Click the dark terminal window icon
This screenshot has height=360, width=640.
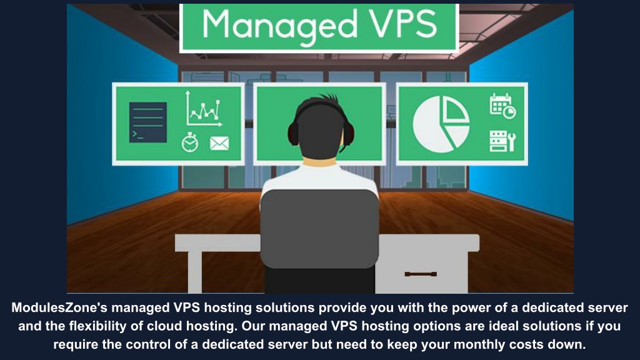coord(147,122)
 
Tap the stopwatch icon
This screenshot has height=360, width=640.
coord(190,142)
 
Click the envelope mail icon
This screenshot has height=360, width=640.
coord(219,143)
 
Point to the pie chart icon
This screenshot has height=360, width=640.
coord(441,124)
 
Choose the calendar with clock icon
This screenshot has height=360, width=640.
coord(502,106)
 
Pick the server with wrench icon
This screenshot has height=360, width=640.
coord(502,141)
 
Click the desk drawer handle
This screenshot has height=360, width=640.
coord(421,274)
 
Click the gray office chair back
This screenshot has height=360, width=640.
coord(319,229)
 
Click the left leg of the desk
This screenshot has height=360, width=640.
coord(195,272)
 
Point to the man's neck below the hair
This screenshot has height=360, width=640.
coord(320,162)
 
